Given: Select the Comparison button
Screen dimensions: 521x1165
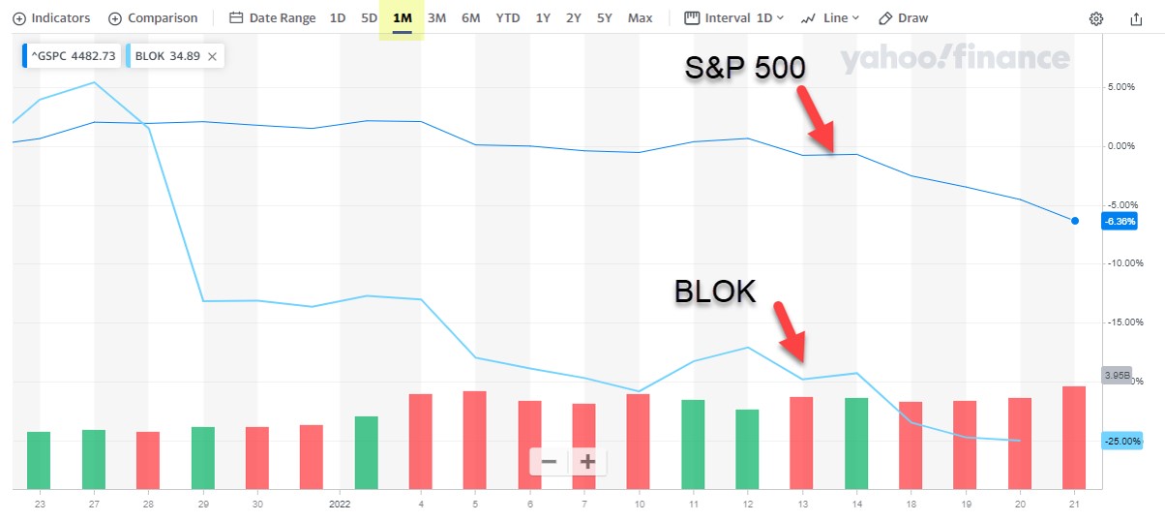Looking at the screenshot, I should [x=153, y=18].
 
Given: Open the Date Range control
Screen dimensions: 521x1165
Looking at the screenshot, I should [x=272, y=18].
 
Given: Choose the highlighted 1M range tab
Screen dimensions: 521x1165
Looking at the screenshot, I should [x=402, y=18].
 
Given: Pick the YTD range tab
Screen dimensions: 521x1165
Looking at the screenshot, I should [x=507, y=18].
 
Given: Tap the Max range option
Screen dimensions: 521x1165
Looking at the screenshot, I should [x=640, y=18].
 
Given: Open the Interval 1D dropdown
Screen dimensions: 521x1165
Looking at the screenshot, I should [x=734, y=18].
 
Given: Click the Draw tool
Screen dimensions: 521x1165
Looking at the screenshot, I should [x=903, y=18].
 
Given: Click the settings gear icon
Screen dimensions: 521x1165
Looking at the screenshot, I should [x=1095, y=18].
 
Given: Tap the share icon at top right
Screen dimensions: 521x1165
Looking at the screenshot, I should [x=1136, y=18].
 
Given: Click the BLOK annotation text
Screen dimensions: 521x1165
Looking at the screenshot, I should [x=714, y=291].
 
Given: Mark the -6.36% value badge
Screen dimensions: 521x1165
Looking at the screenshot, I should [x=1119, y=221].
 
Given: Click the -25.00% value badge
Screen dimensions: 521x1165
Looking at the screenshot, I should [x=1120, y=441].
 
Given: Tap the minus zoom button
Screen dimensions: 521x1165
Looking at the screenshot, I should [x=549, y=462].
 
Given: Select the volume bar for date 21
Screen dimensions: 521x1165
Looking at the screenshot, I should [x=1074, y=437].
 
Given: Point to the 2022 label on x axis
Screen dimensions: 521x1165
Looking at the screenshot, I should [x=339, y=504].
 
